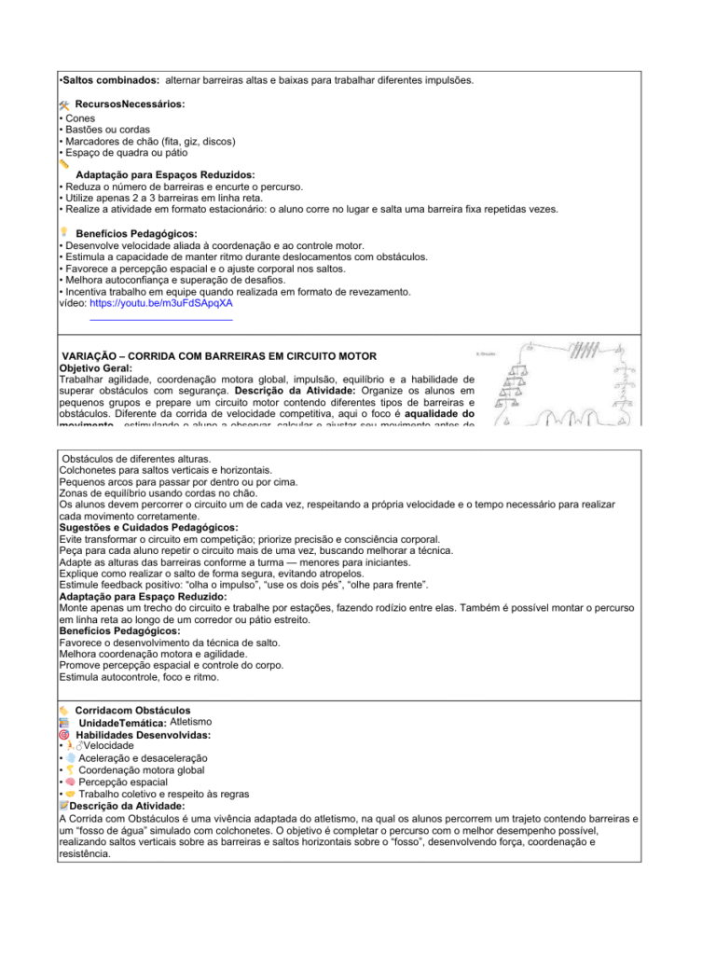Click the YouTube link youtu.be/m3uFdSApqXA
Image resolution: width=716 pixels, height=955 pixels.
[x=161, y=303]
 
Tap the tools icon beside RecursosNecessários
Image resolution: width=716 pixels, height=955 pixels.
[x=64, y=104]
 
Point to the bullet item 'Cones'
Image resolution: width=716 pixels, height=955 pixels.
[x=76, y=118]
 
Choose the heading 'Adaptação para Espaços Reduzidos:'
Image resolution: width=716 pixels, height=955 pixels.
[x=166, y=174]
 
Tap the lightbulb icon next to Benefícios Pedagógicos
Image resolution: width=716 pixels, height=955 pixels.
[x=64, y=231]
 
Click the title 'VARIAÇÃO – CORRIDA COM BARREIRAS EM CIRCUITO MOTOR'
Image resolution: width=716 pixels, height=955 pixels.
[x=219, y=356]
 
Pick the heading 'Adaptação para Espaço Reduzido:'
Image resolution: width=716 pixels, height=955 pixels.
[x=143, y=595]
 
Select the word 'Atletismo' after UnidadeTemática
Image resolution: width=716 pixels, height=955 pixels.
[x=192, y=723]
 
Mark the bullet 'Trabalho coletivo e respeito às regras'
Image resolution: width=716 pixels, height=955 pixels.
[x=163, y=794]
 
